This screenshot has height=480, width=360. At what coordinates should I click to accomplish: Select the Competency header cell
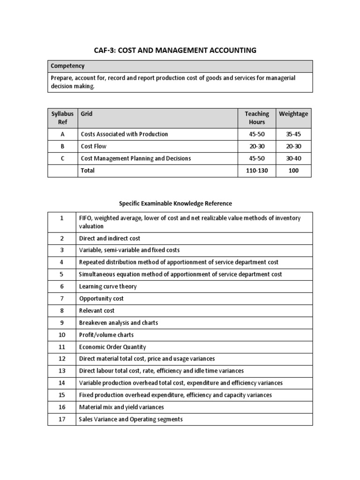pyautogui.click(x=67, y=66)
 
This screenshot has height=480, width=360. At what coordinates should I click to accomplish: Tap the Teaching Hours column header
pyautogui.click(x=257, y=118)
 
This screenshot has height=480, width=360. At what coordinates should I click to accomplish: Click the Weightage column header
pyautogui.click(x=293, y=114)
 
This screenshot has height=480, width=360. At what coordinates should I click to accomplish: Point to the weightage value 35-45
pyautogui.click(x=293, y=134)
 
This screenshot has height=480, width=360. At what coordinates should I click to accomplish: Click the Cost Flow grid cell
pyautogui.click(x=94, y=146)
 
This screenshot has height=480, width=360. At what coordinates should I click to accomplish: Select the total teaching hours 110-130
pyautogui.click(x=257, y=171)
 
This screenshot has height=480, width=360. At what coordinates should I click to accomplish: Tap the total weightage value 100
pyautogui.click(x=293, y=171)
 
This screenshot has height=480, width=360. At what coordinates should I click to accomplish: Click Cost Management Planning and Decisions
pyautogui.click(x=136, y=158)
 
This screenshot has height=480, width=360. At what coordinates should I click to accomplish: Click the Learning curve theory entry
pyautogui.click(x=108, y=286)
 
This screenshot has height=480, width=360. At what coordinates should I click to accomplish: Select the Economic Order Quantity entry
pyautogui.click(x=112, y=347)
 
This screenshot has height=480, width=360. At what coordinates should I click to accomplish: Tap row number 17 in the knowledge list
pyautogui.click(x=62, y=419)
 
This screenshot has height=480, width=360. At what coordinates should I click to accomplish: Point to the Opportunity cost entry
pyautogui.click(x=101, y=299)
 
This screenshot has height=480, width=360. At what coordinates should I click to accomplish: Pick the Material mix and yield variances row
pyautogui.click(x=121, y=407)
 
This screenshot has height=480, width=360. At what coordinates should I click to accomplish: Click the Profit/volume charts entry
pyautogui.click(x=106, y=335)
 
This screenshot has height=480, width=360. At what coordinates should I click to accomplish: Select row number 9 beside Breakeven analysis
pyautogui.click(x=62, y=322)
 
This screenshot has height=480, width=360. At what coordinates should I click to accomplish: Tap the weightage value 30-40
pyautogui.click(x=293, y=158)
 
